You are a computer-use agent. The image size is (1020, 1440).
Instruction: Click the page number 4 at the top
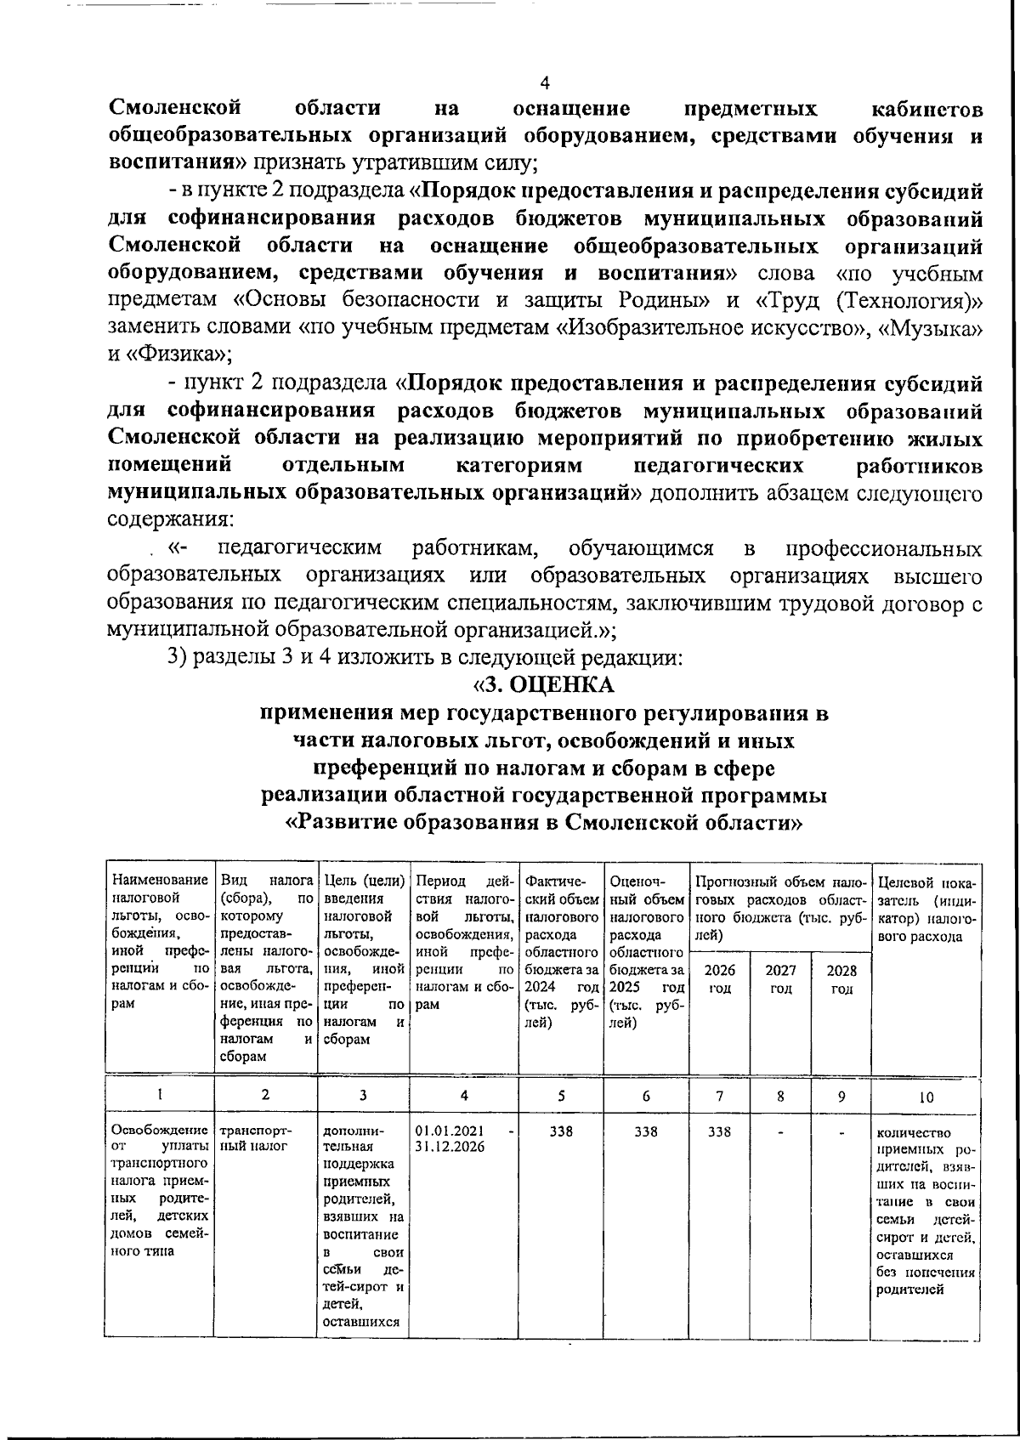545,82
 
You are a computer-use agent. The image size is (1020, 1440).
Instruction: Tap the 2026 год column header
720,978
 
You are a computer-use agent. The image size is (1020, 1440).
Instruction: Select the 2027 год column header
780,978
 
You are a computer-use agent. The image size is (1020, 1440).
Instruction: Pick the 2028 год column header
841,978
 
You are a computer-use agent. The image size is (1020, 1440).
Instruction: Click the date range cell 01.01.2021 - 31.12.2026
463,1138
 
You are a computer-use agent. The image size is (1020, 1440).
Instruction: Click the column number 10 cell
926,1097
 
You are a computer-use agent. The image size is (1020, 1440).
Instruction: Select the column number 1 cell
159,1097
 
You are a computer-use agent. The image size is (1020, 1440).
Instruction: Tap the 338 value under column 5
561,1131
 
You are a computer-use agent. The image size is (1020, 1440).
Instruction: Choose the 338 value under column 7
720,1131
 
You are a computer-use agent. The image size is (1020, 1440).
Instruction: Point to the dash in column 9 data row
841,1131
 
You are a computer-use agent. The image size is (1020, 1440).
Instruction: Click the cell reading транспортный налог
255,1138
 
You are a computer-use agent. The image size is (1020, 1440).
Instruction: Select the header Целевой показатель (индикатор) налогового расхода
926,908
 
